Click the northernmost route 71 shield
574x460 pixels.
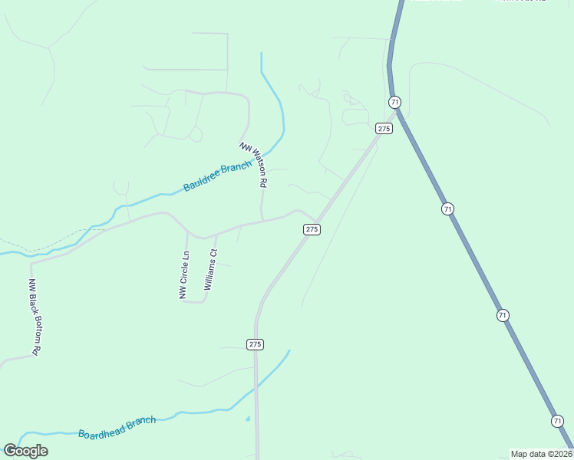(x=394, y=102)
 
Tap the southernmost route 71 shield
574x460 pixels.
(x=557, y=421)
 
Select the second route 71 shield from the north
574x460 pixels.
(x=447, y=209)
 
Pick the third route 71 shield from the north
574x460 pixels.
(x=503, y=315)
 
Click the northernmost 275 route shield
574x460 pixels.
(x=384, y=128)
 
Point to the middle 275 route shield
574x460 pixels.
(x=312, y=229)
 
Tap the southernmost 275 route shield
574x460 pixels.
(x=256, y=344)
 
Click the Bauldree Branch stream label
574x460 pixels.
(x=217, y=177)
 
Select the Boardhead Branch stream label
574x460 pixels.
(x=117, y=427)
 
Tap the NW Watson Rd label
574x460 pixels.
(x=255, y=165)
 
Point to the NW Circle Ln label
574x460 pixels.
(x=184, y=275)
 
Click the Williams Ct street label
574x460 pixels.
(x=210, y=268)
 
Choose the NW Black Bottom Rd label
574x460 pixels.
(x=34, y=316)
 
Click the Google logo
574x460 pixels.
(x=25, y=451)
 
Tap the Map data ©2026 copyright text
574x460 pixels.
(x=541, y=453)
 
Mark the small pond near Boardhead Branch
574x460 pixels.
(x=247, y=419)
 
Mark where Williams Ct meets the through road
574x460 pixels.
(x=217, y=233)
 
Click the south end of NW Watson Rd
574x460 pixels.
(x=262, y=221)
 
